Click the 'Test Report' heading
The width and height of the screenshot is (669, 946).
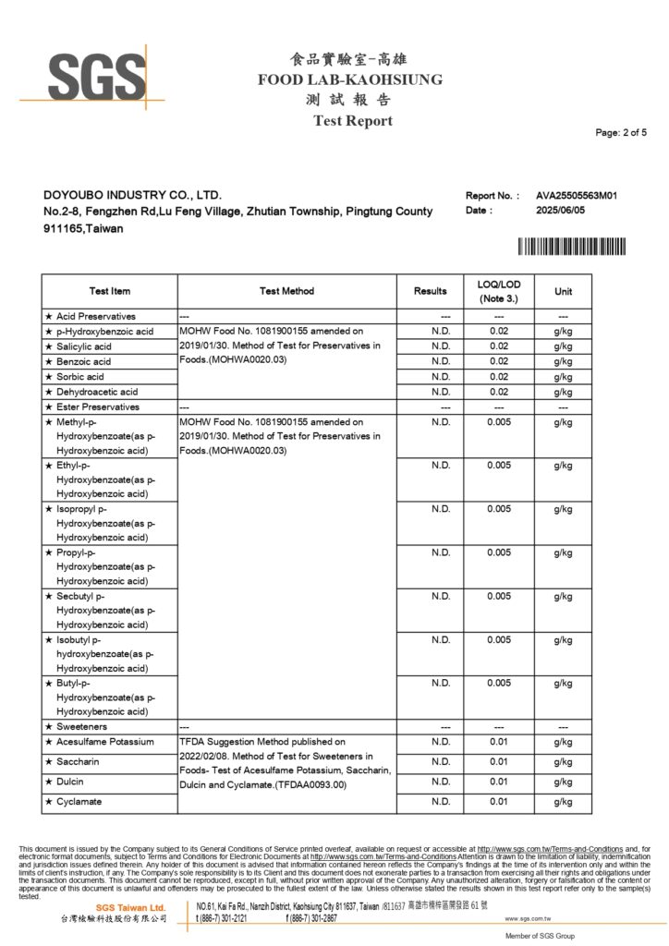click(x=352, y=121)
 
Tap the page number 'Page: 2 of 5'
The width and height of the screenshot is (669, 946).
click(x=621, y=133)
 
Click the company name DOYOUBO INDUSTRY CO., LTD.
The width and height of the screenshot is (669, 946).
click(x=133, y=196)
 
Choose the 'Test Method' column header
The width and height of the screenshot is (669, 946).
click(x=286, y=291)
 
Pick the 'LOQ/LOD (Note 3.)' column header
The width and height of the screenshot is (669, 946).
click(x=499, y=291)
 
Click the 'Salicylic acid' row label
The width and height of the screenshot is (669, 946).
click(x=84, y=346)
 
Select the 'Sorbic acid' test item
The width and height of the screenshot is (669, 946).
click(x=80, y=377)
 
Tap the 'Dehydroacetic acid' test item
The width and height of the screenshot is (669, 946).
click(x=96, y=392)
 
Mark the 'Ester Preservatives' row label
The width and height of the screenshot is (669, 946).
click(x=97, y=406)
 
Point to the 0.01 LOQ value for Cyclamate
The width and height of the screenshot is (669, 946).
click(x=499, y=802)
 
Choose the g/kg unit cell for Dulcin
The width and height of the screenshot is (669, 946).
click(x=563, y=782)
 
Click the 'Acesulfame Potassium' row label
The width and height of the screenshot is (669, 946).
click(x=104, y=742)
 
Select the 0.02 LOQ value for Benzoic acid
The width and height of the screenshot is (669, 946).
click(x=499, y=361)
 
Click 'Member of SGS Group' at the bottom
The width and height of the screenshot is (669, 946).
click(x=541, y=937)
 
